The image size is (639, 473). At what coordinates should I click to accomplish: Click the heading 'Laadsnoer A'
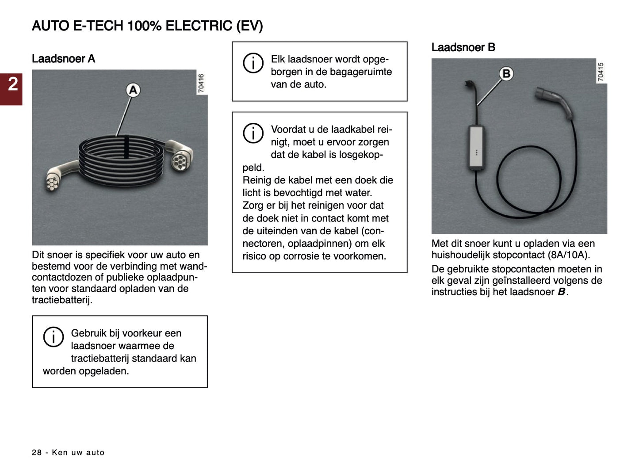pos(63,59)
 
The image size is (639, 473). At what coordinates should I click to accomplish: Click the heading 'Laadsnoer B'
pos(463,47)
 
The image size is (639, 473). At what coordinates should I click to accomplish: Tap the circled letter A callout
pos(133,90)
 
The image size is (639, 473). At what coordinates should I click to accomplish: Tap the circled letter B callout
pos(506,73)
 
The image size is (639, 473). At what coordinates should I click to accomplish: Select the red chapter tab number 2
pos(12,84)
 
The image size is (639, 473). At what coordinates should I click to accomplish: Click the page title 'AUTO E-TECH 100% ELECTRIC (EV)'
pos(147,26)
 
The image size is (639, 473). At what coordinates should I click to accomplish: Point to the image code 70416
pos(201,83)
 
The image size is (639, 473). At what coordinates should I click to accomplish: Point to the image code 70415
pos(601,72)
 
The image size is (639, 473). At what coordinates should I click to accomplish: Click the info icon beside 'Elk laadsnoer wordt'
pos(253,63)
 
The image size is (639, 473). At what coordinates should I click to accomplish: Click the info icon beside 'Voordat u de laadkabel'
pos(253,133)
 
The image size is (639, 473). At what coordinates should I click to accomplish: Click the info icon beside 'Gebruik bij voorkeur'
pos(53,337)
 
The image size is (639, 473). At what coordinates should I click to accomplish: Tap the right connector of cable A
pos(179,155)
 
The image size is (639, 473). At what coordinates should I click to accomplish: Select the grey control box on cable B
pos(476,147)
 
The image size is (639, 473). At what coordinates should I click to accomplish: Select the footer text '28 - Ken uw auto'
pos(68,452)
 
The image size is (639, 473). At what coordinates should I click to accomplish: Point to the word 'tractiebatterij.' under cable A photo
pos(62,300)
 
